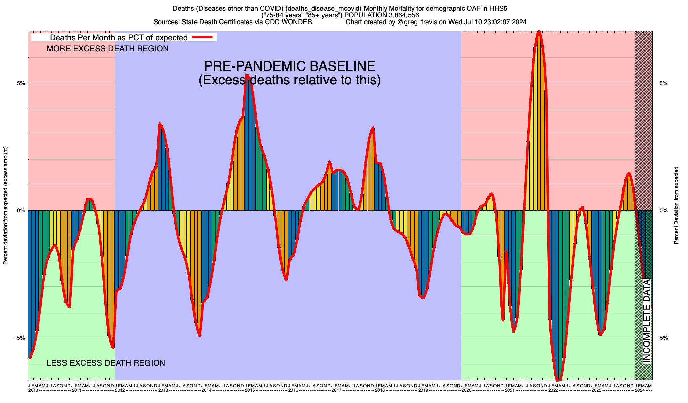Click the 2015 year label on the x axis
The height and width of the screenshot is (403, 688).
tap(250, 390)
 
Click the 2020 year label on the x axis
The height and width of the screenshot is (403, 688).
tap(466, 390)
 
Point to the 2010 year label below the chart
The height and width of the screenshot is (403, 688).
tap(33, 390)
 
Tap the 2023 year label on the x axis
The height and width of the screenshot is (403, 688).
tap(596, 390)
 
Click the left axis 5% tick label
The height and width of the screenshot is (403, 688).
tap(21, 83)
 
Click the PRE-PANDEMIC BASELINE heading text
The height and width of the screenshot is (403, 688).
tap(289, 66)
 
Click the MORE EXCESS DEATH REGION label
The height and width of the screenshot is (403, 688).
tap(107, 49)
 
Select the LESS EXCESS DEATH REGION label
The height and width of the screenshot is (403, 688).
tap(105, 363)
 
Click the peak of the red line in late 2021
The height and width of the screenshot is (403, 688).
tap(539, 31)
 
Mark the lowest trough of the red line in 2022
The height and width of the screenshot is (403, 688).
tap(558, 380)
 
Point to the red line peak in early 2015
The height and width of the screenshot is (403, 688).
tap(247, 75)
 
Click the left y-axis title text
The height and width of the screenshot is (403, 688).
tap(5, 206)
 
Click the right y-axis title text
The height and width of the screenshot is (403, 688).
tap(676, 206)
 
